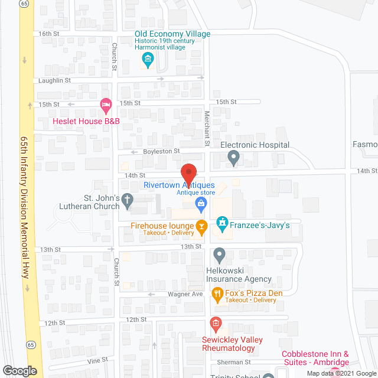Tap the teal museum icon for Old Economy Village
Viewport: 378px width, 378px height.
pyautogui.click(x=148, y=59)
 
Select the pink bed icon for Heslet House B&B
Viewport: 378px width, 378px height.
pyautogui.click(x=106, y=106)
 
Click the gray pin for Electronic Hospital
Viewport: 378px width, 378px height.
pyautogui.click(x=234, y=158)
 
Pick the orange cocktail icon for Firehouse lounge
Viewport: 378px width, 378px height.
pyautogui.click(x=201, y=225)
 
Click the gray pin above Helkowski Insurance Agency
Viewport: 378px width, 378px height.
pyautogui.click(x=219, y=256)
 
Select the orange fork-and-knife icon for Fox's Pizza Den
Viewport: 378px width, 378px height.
pyautogui.click(x=217, y=294)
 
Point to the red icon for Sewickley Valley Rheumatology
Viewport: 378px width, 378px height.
pyautogui.click(x=216, y=322)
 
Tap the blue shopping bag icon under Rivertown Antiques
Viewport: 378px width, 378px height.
pyautogui.click(x=201, y=204)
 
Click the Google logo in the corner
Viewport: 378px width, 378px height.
pyautogui.click(x=19, y=371)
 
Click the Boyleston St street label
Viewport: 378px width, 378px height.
pyautogui.click(x=161, y=151)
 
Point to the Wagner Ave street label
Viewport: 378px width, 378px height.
pyautogui.click(x=189, y=294)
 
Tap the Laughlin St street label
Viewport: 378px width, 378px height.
pyautogui.click(x=54, y=80)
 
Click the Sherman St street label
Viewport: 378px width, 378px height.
pyautogui.click(x=236, y=361)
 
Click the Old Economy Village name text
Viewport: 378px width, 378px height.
pyautogui.click(x=172, y=34)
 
